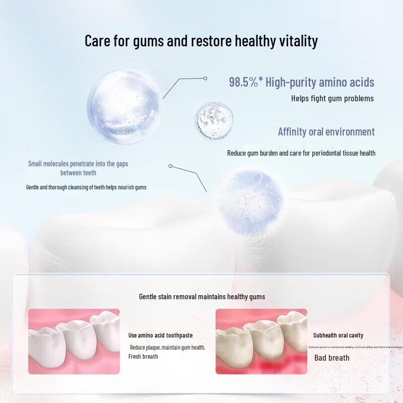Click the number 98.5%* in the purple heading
coord(246,82)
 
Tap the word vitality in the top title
coord(298,41)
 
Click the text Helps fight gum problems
coord(332,99)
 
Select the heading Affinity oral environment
coord(326,132)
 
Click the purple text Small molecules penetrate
coord(78,164)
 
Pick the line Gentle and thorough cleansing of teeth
coord(86,187)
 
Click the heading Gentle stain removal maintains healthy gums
coord(201,297)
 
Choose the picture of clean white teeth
coord(74,341)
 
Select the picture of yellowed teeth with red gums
coord(261,341)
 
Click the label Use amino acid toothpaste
coord(160,335)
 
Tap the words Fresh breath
coord(143,357)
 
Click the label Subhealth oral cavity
coord(338,335)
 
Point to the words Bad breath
coord(331,358)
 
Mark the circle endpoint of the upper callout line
coord(206,79)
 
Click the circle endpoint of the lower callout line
coord(170,166)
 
